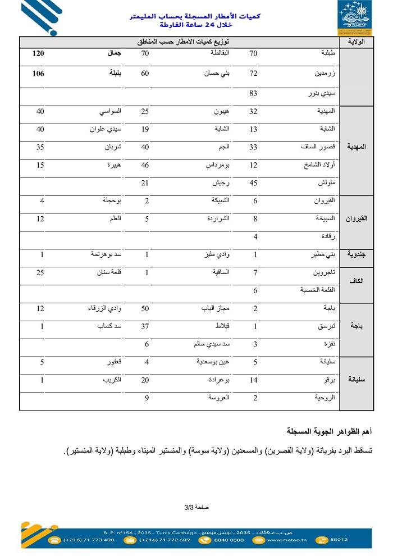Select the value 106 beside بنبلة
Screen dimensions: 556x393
pos(38,74)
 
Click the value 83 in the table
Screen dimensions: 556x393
pos(253,93)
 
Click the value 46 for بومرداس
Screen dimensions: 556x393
pos(145,166)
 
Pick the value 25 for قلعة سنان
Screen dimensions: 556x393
pos(40,273)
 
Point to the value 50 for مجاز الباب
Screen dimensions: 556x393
pos(145,309)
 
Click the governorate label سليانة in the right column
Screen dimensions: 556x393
pos(357,380)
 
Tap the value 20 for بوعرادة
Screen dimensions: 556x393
pos(145,380)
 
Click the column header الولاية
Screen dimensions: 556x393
pos(357,42)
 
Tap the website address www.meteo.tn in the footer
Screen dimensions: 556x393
pos(287,540)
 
